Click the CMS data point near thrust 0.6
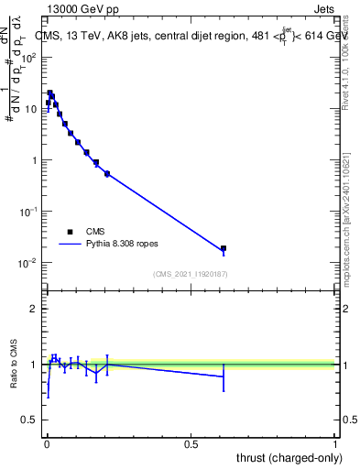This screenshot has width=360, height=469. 223,248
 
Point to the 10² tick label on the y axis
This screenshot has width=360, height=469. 30,57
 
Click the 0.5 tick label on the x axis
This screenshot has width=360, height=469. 191,443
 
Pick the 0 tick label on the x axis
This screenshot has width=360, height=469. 46,443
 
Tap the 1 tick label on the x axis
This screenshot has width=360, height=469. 335,443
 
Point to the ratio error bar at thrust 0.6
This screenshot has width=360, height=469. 223,376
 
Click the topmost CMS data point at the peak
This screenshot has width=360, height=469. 50,93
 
